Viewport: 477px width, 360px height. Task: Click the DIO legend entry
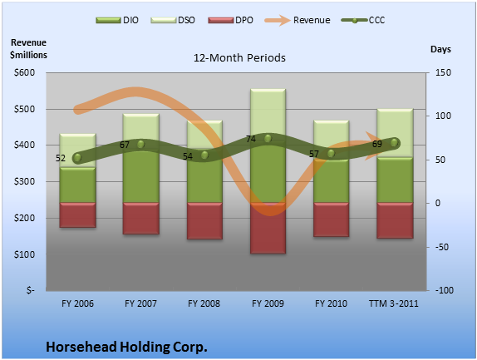click(117, 21)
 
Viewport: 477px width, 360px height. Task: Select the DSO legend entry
click(173, 21)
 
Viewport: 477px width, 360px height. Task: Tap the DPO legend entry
click(230, 21)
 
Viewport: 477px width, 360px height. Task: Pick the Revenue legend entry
click(298, 21)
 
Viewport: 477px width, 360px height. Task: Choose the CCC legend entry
click(363, 21)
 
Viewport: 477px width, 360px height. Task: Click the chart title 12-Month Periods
click(239, 58)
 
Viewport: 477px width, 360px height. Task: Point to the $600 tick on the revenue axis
click(24, 72)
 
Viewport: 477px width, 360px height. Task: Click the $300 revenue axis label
click(24, 182)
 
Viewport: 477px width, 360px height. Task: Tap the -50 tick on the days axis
click(442, 247)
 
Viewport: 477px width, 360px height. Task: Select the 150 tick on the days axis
click(443, 72)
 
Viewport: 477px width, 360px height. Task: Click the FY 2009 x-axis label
click(268, 303)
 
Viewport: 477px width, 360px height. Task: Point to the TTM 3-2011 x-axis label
click(394, 303)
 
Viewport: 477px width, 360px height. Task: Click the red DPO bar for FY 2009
click(268, 228)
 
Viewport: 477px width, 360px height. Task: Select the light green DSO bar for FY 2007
click(140, 127)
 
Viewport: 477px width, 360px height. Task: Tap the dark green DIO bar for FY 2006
click(77, 185)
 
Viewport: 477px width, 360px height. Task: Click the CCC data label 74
click(251, 139)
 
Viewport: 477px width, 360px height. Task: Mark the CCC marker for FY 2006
click(77, 158)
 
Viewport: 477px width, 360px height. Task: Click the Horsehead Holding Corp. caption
click(126, 347)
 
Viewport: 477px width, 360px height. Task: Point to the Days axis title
click(440, 49)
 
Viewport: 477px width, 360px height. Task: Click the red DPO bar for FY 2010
click(331, 219)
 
